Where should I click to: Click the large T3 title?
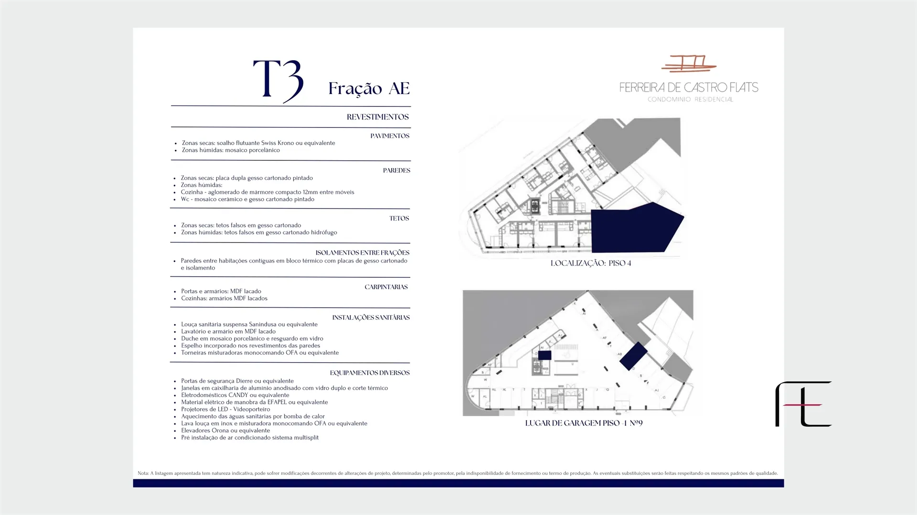point(278,80)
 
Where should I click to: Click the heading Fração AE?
point(369,89)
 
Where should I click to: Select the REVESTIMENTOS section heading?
point(378,117)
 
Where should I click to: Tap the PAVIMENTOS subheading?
point(390,136)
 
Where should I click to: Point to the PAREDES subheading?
point(396,170)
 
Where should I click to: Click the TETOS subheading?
point(399,219)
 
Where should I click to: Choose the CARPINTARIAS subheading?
point(386,287)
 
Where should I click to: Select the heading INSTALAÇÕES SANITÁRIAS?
point(371,317)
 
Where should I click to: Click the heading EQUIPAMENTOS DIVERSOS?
point(370,373)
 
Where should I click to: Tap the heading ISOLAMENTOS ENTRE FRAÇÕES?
point(363,252)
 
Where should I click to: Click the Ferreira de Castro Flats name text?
point(689,87)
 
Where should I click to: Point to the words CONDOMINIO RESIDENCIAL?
point(690,99)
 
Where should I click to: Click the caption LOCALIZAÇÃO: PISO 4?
point(591,263)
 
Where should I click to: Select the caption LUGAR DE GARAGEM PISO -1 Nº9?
point(584,423)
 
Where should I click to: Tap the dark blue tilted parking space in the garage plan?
point(633,356)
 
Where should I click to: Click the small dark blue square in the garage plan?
point(545,355)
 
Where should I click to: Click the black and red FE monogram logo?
point(803,404)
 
